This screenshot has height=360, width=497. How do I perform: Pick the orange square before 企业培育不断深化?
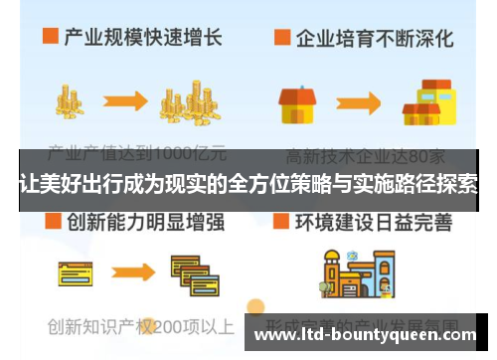tap(283, 39)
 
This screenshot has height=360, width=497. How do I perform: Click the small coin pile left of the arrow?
tap(69, 99)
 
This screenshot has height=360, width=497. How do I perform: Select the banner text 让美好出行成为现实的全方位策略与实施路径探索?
tap(248, 183)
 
